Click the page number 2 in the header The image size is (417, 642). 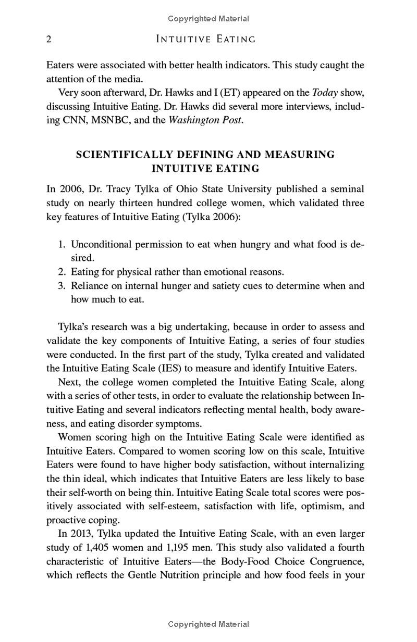pyautogui.click(x=49, y=40)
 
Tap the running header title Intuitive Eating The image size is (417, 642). pyautogui.click(x=206, y=40)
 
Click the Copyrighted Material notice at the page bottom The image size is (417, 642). pyautogui.click(x=208, y=624)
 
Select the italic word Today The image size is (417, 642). pyautogui.click(x=325, y=93)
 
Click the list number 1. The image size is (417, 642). pyautogui.click(x=61, y=244)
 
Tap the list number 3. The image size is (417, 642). pyautogui.click(x=61, y=286)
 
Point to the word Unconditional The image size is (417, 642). pyautogui.click(x=101, y=244)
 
